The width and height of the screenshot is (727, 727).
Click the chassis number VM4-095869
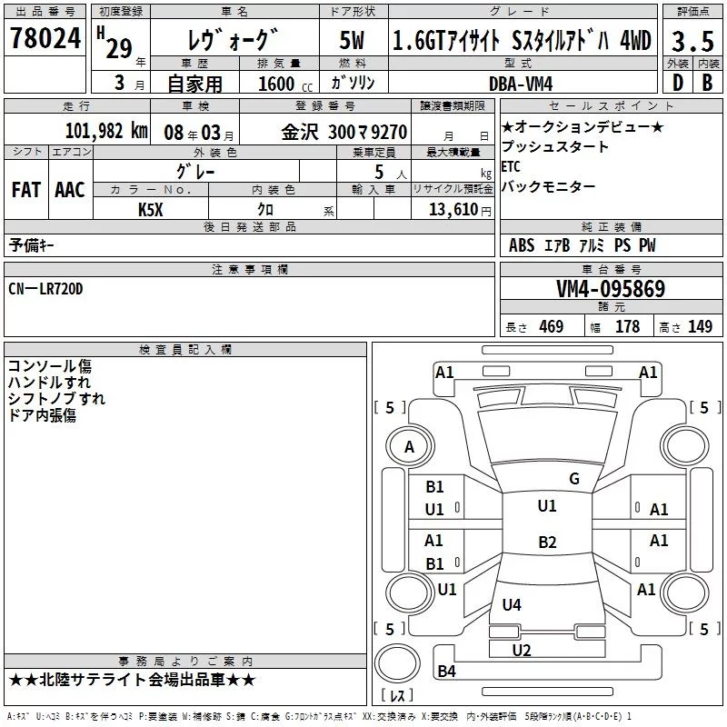[610, 289]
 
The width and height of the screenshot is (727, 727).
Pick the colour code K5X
[151, 209]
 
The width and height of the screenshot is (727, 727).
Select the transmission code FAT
[25, 190]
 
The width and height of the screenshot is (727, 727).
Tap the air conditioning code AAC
[70, 190]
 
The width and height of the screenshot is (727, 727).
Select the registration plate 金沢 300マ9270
[344, 131]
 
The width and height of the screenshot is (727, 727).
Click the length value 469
[551, 327]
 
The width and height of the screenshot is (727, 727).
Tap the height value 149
[700, 327]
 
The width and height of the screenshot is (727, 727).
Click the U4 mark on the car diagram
[512, 604]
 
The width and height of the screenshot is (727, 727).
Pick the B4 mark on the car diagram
[446, 672]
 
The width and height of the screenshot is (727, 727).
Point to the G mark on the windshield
[573, 479]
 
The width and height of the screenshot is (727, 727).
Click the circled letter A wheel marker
[409, 446]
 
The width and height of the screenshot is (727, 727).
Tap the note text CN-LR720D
[45, 288]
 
